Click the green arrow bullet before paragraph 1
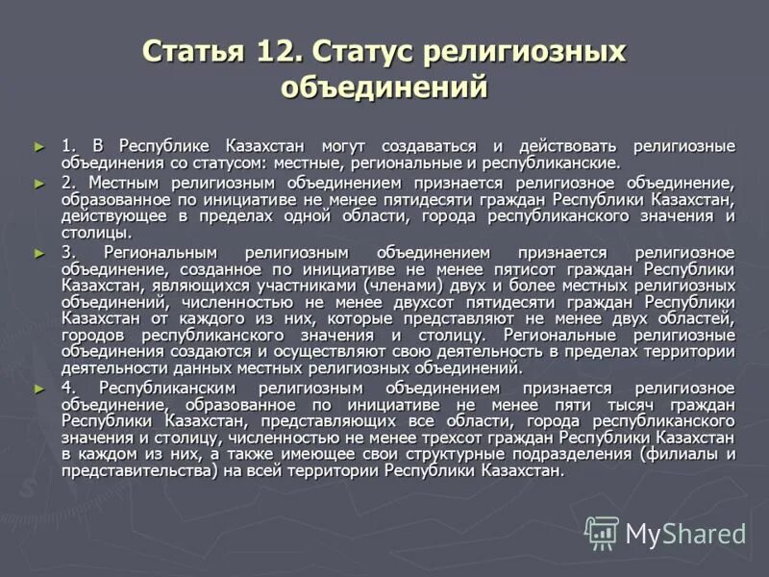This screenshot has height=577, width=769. point(39,145)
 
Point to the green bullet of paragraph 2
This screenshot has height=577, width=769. point(39,182)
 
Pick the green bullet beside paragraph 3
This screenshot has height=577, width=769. point(39,252)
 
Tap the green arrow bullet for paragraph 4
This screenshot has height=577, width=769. point(39,388)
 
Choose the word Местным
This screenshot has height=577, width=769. point(125,182)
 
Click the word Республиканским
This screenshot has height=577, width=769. point(169,388)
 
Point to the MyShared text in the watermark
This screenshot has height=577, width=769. point(685,534)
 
